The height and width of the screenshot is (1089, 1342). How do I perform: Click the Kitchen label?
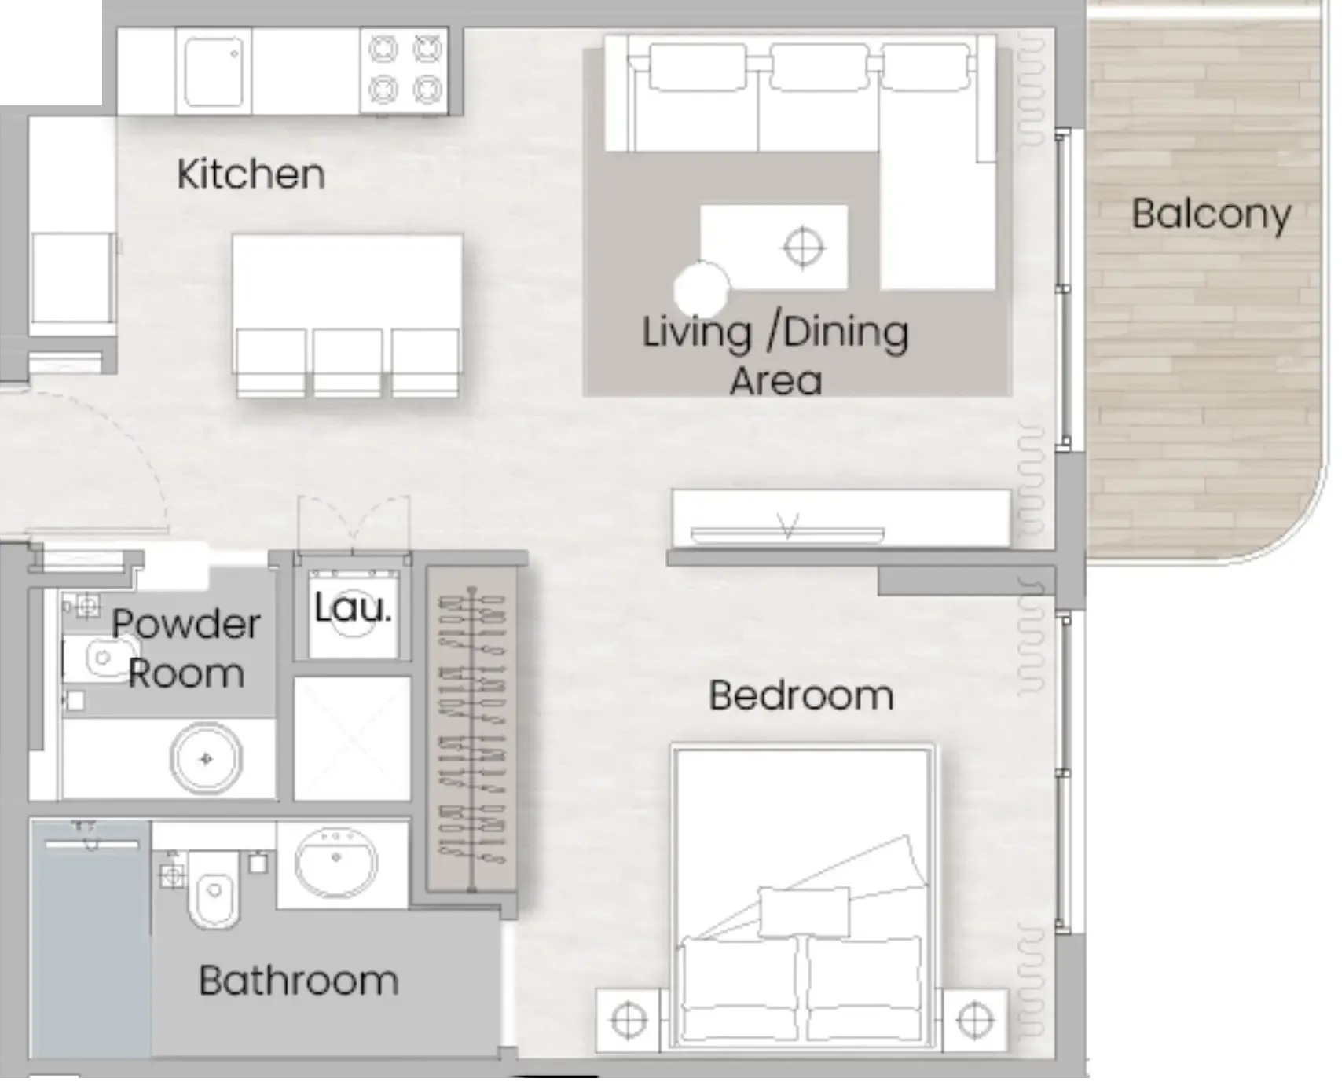(251, 174)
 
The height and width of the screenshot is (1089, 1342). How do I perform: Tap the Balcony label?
(1211, 214)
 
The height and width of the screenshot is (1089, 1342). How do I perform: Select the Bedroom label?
(801, 696)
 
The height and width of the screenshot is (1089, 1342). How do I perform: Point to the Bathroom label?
(299, 981)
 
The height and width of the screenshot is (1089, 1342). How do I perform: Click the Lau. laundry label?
(353, 608)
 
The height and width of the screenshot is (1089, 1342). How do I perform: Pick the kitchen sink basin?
(213, 71)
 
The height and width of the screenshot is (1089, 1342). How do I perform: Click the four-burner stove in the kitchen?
(405, 70)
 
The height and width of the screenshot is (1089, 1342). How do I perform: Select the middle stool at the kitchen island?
(347, 361)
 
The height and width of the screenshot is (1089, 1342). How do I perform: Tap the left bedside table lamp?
(628, 1021)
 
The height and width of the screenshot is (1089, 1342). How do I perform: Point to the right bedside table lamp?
(974, 1021)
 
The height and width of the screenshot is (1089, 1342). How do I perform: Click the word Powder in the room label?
(185, 625)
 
